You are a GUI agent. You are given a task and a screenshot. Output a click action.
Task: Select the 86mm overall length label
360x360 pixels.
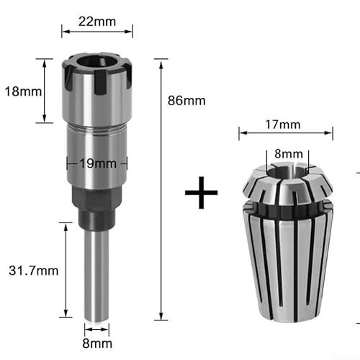click(x=185, y=100)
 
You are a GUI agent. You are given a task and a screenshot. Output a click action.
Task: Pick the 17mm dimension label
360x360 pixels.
click(x=285, y=125)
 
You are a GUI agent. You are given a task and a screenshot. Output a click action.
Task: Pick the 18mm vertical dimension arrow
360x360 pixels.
click(x=45, y=91)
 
